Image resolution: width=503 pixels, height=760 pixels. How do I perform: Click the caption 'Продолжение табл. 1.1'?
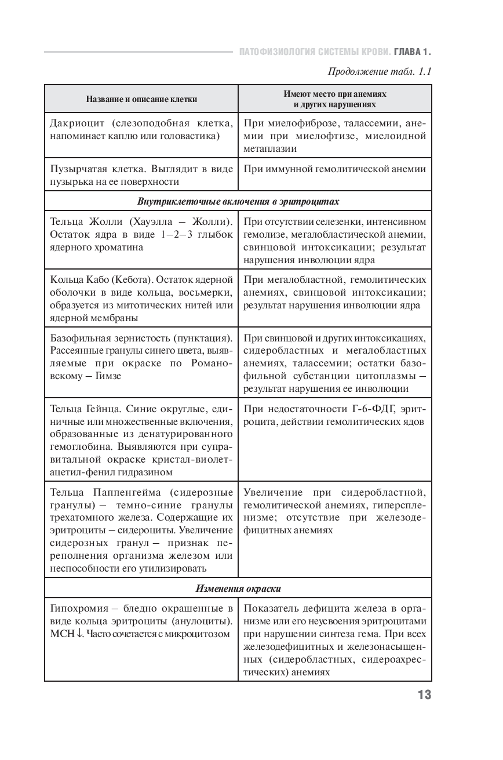pos(380,72)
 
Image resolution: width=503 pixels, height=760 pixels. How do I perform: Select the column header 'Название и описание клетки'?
pos(141,99)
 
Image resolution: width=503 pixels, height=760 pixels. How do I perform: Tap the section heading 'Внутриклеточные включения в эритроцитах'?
pos(238,202)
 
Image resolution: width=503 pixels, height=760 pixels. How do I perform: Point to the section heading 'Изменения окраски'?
pos(238,588)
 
